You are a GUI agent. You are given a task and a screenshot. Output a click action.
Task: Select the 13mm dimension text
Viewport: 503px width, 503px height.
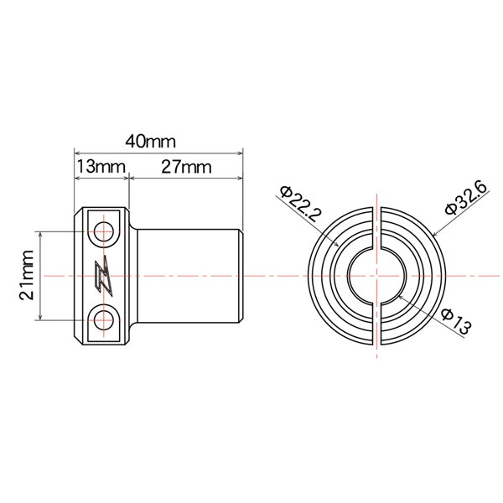click(x=100, y=167)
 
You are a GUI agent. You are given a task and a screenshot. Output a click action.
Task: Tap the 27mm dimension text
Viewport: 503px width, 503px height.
click(x=185, y=167)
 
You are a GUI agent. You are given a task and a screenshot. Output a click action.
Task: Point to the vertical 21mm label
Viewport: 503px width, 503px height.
click(x=28, y=276)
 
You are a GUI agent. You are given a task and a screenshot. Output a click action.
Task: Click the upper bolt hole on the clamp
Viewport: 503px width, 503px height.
click(x=105, y=231)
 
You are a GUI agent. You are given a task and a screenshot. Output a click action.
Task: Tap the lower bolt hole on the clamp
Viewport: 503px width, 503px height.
click(x=105, y=319)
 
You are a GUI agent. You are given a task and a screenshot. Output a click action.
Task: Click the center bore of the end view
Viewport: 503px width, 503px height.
click(x=376, y=275)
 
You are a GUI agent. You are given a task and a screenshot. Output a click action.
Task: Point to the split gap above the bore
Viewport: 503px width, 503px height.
click(x=376, y=226)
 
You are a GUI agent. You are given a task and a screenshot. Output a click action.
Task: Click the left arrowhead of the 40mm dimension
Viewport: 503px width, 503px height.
click(x=78, y=153)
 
